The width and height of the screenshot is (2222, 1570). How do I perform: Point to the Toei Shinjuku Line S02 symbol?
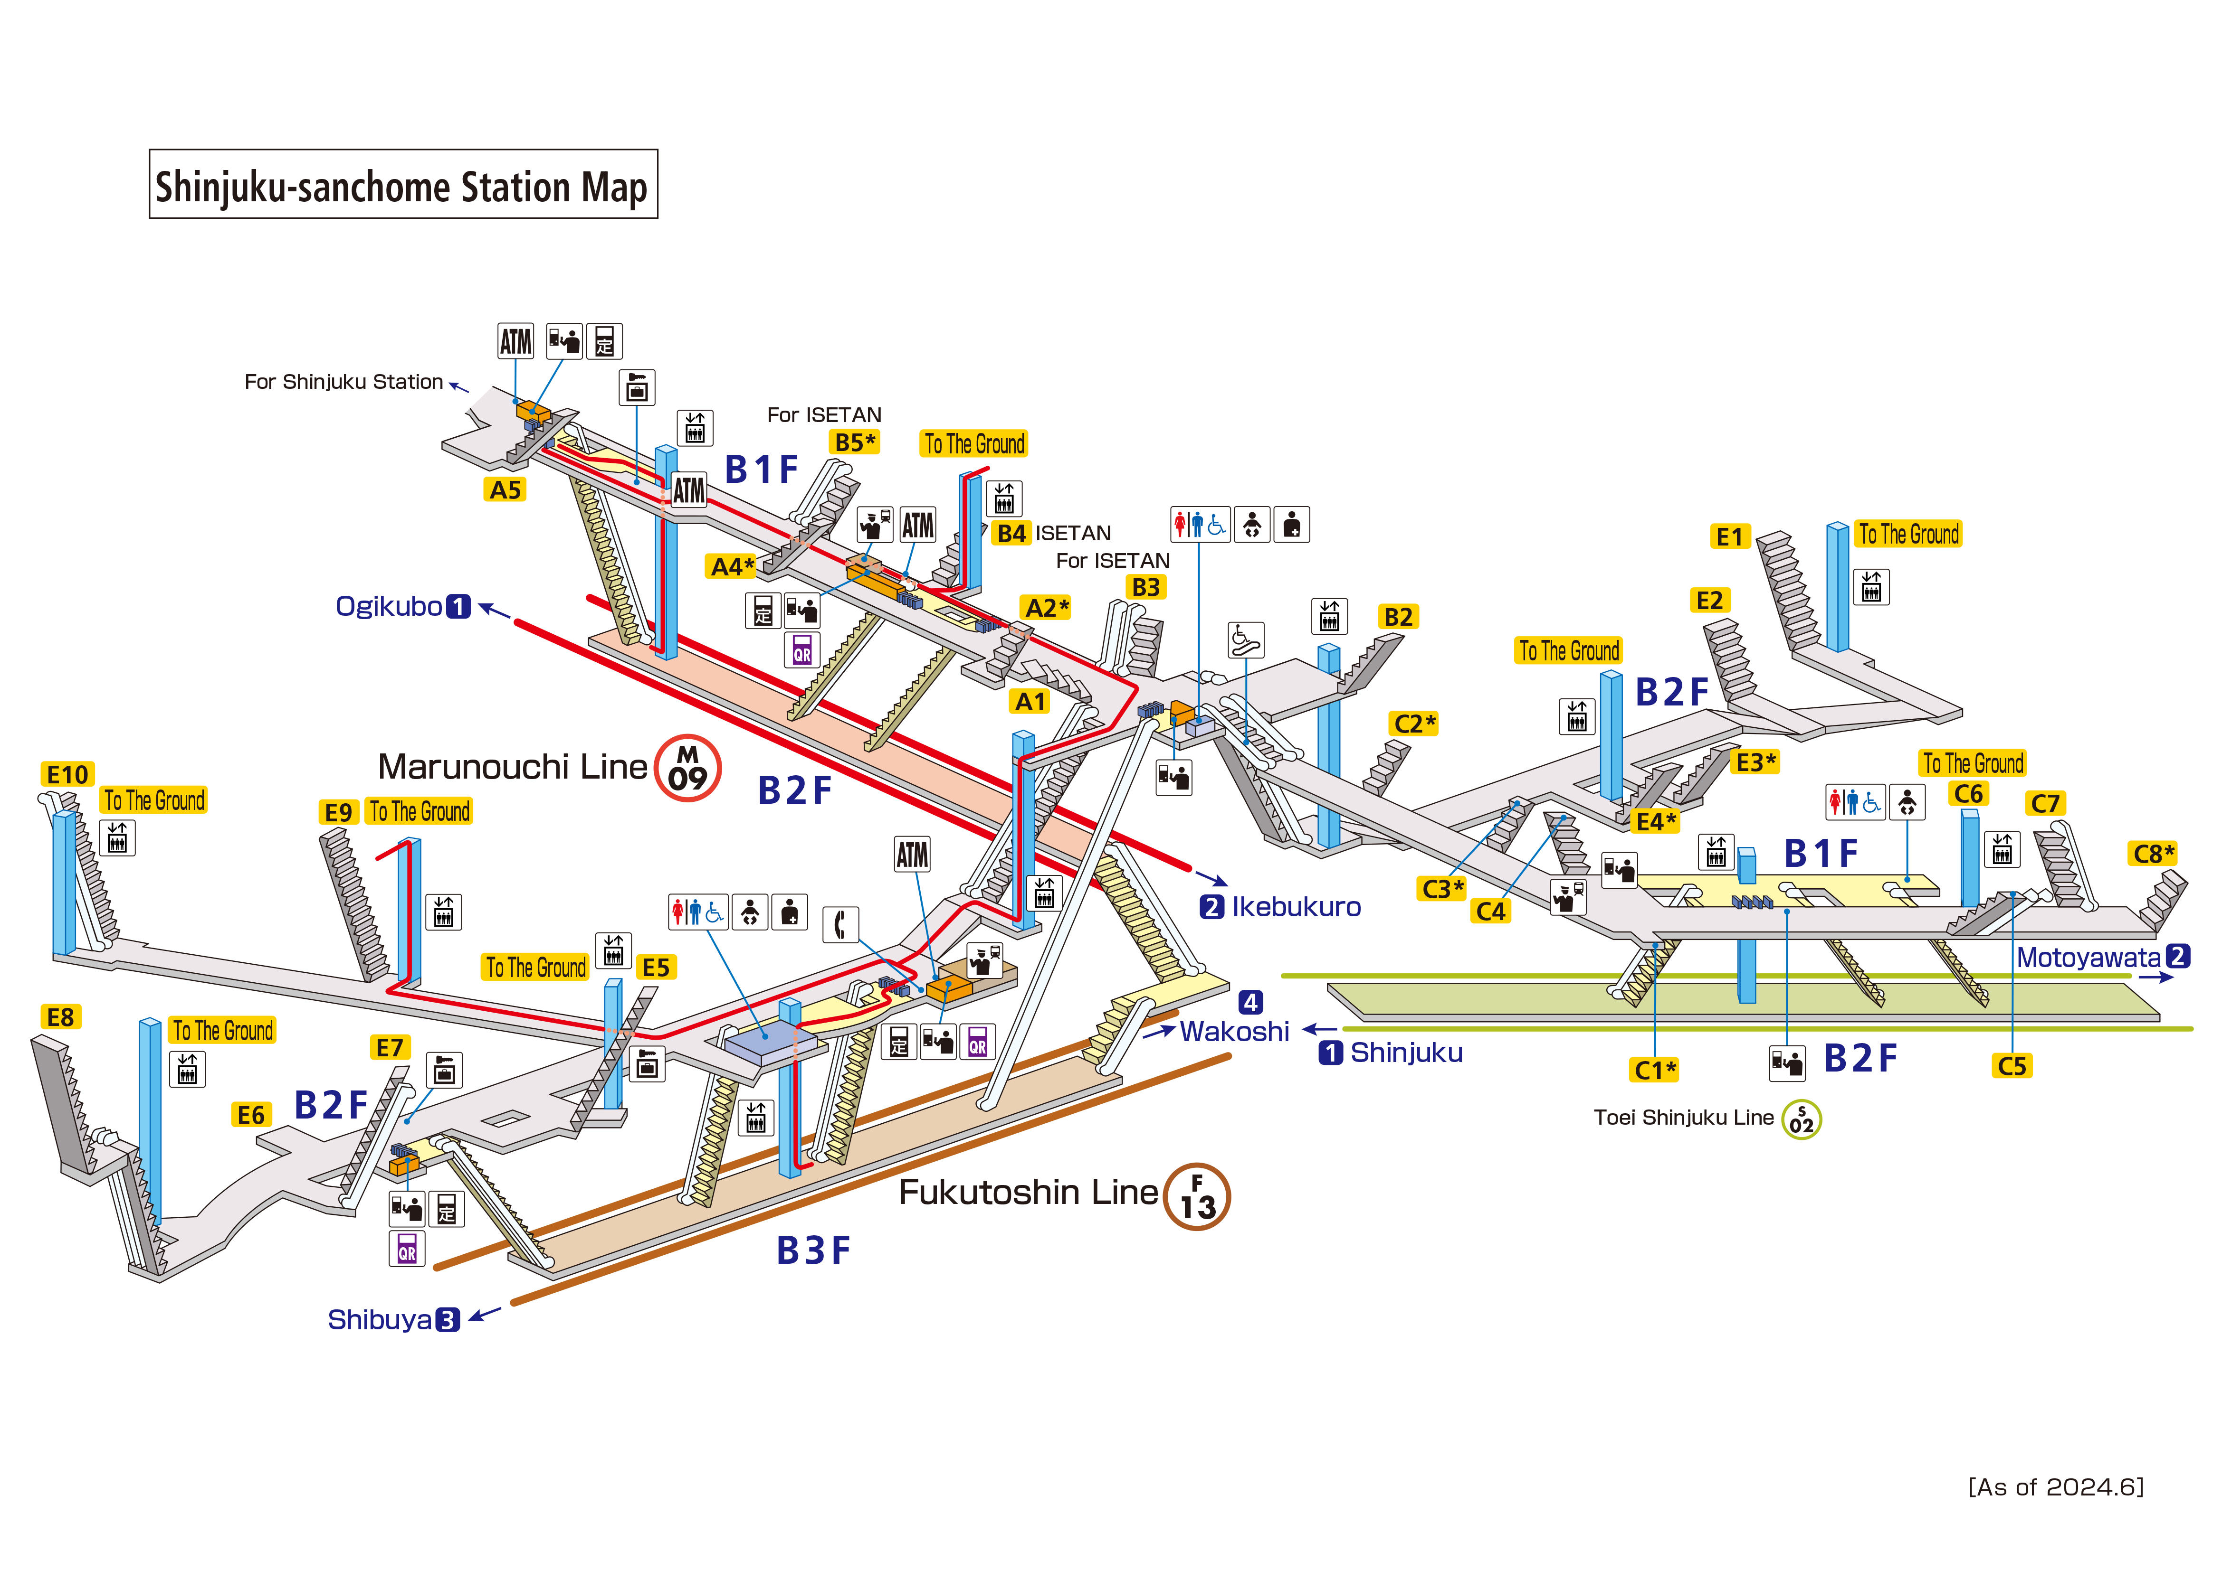tap(1801, 1120)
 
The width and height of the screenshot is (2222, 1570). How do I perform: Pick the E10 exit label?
tap(68, 775)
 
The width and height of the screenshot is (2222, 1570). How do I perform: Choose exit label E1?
tap(1728, 537)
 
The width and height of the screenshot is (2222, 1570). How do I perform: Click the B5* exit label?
tap(855, 443)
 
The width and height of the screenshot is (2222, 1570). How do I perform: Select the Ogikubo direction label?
tap(401, 607)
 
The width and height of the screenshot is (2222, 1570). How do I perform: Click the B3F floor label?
tap(813, 1251)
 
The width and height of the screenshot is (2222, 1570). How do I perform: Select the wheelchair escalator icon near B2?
tap(1246, 639)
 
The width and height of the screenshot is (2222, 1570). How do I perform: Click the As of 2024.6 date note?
tap(2056, 1487)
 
